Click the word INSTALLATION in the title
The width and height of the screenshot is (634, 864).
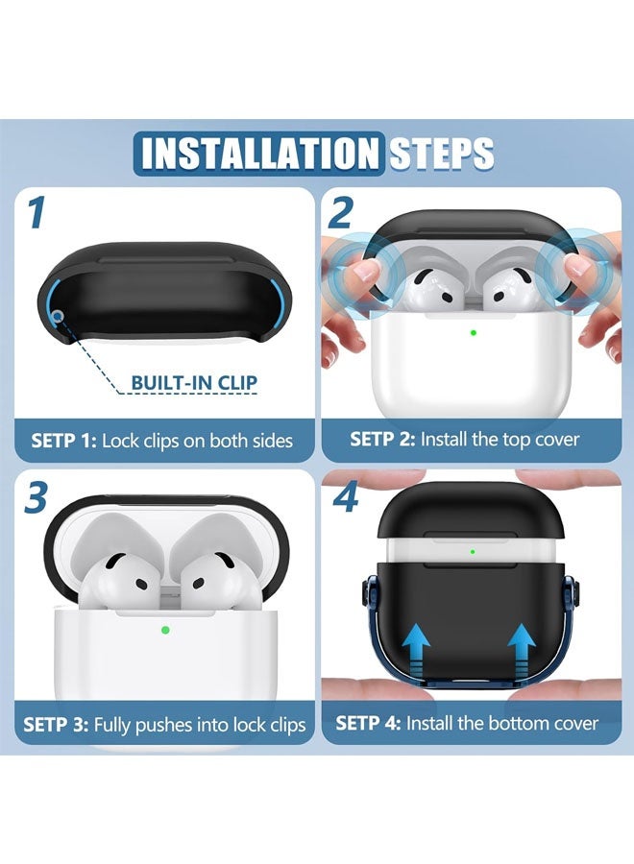(x=257, y=153)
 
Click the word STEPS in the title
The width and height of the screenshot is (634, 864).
(x=441, y=154)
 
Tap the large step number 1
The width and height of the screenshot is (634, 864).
(x=36, y=213)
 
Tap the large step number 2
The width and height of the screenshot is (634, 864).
(x=340, y=213)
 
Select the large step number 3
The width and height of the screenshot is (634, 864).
(x=37, y=498)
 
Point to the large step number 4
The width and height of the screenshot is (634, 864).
(x=344, y=498)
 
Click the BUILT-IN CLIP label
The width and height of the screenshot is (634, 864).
(x=194, y=383)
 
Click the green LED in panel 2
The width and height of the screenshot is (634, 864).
(x=473, y=334)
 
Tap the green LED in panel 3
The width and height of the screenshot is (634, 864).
(x=165, y=630)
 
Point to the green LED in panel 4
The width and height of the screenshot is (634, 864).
(x=473, y=552)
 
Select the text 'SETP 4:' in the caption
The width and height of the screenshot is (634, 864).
(x=368, y=723)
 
